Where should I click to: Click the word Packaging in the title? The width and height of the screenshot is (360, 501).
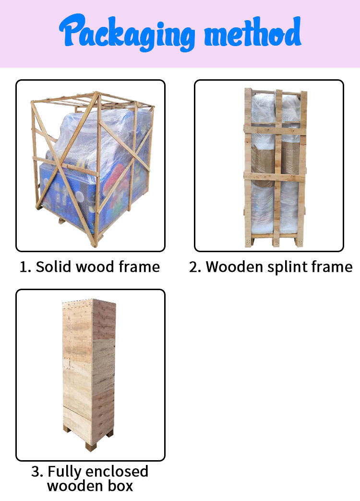click(127, 32)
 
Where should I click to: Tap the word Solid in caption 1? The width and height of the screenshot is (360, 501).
click(53, 267)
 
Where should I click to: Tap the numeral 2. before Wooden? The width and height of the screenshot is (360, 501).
click(195, 267)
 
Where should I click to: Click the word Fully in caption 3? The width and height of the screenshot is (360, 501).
click(64, 472)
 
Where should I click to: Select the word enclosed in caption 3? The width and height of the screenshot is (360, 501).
click(117, 471)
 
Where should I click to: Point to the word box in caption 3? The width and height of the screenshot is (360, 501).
click(120, 486)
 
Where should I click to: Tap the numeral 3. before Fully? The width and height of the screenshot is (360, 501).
click(37, 472)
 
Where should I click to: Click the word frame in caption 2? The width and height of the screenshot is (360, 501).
click(331, 267)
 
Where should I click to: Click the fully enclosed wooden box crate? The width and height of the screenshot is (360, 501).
click(89, 371)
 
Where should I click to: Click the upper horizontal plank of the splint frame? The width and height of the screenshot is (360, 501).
click(275, 130)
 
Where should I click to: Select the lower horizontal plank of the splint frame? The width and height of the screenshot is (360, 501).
click(275, 177)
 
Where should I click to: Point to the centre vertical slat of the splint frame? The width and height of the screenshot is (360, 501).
click(278, 168)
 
